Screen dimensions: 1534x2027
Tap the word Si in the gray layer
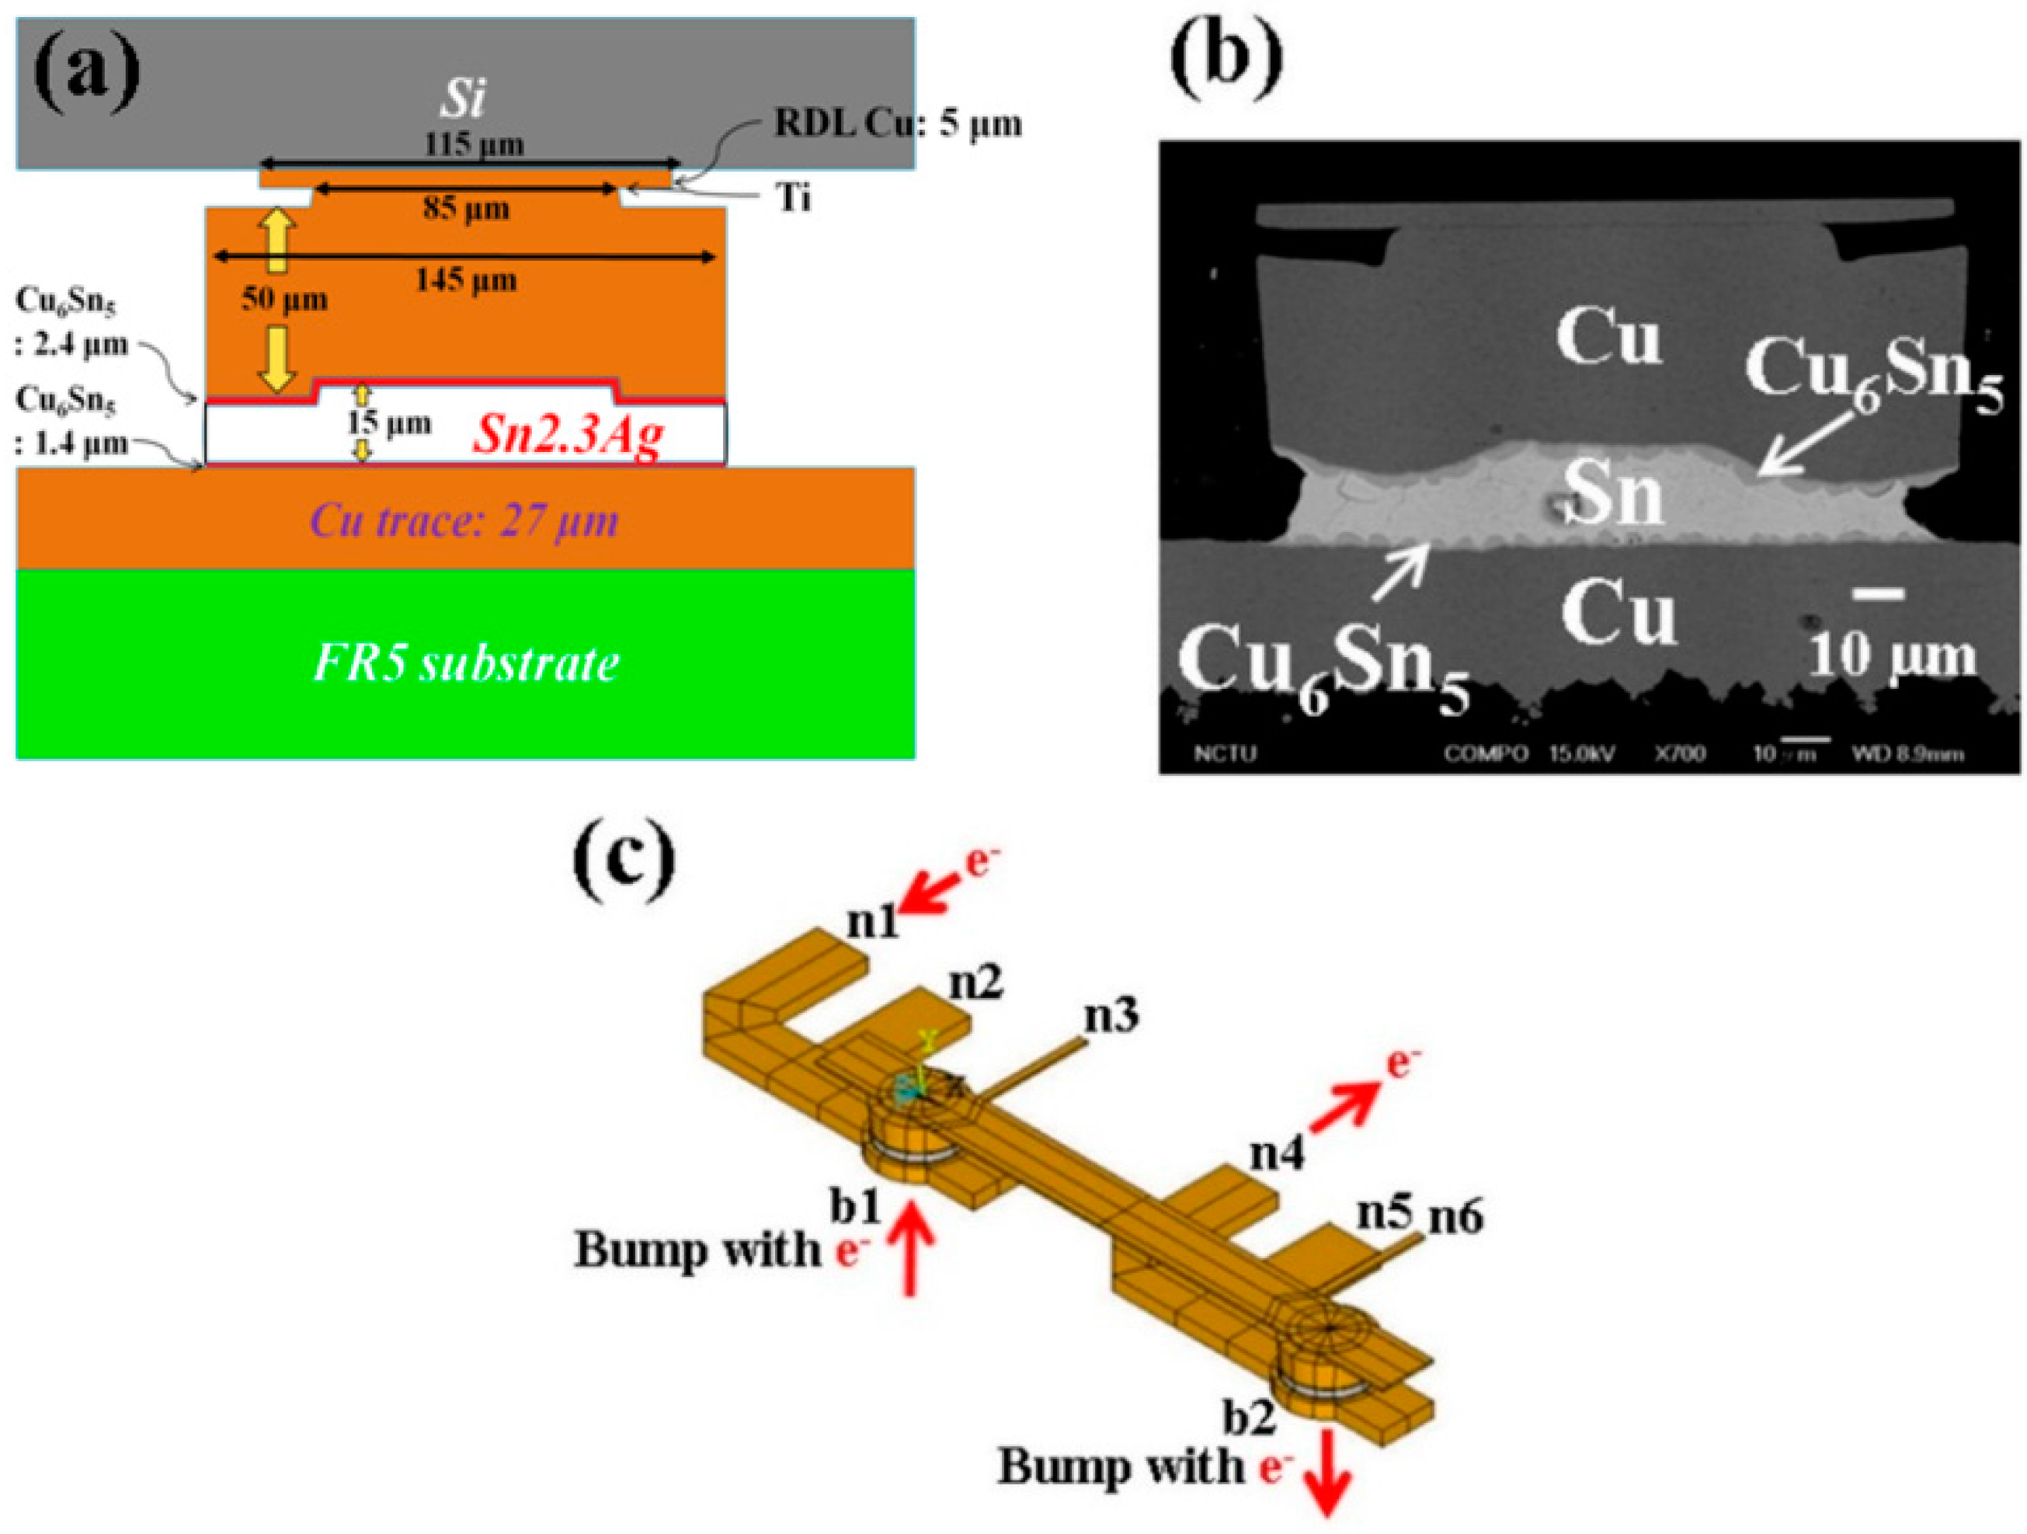pos(462,99)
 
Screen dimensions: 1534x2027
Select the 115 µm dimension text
pos(475,144)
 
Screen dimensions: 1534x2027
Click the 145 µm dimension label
pos(467,279)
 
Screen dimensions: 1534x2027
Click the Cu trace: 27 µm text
pos(464,521)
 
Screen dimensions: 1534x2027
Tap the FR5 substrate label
pos(465,663)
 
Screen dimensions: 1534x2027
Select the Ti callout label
pos(794,197)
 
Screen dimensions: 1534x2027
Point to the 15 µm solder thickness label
pos(388,423)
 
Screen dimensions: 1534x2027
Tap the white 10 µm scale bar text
pos(1893,656)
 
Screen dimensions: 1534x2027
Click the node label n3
pos(1111,1014)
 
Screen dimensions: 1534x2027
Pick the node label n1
pos(872,921)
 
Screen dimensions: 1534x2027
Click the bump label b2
pos(1249,1417)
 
